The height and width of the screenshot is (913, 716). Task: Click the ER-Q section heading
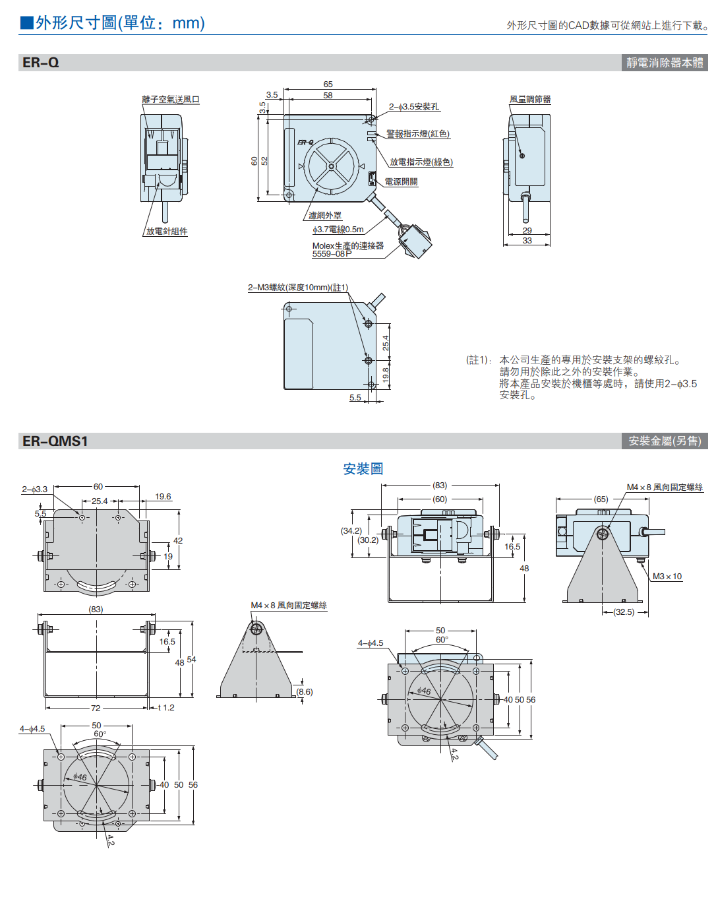41,63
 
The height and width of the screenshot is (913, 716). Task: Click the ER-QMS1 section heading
55,441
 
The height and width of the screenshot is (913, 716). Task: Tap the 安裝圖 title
363,469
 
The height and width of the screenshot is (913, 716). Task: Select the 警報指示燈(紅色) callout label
418,134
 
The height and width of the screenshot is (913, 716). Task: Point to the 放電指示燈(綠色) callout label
421,162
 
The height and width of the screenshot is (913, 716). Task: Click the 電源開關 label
401,182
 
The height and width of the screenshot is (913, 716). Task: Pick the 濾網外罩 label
325,216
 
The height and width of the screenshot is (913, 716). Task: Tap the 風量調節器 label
530,100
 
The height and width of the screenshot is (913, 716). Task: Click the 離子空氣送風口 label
171,100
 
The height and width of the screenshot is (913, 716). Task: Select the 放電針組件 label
167,232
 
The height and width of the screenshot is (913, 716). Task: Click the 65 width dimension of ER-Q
328,84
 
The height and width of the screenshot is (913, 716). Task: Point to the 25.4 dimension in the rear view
386,342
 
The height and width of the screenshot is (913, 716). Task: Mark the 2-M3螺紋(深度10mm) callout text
298,288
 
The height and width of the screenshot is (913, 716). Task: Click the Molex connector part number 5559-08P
332,254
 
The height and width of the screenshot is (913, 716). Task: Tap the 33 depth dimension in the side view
527,241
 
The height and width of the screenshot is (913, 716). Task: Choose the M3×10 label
667,577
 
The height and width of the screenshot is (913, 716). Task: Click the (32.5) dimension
624,612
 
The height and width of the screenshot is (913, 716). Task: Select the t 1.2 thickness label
166,708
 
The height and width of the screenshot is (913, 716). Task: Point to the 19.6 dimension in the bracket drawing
163,497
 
